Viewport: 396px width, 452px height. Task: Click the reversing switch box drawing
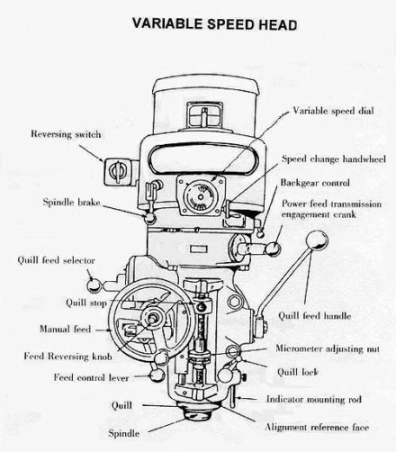114,168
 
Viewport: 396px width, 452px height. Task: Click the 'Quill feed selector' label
53,259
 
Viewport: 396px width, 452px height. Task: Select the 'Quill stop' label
87,303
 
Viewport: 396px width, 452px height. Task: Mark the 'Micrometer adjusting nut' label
328,348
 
